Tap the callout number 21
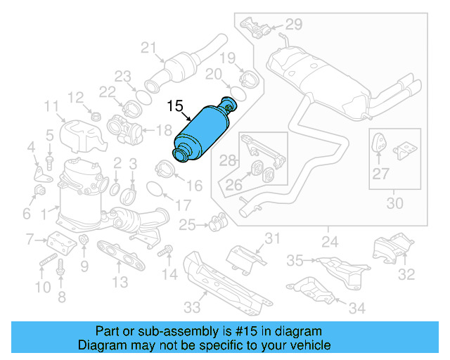tap(148, 48)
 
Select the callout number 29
tap(293, 25)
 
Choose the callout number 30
tap(395, 204)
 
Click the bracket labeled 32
tap(387, 250)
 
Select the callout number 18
tap(163, 130)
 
